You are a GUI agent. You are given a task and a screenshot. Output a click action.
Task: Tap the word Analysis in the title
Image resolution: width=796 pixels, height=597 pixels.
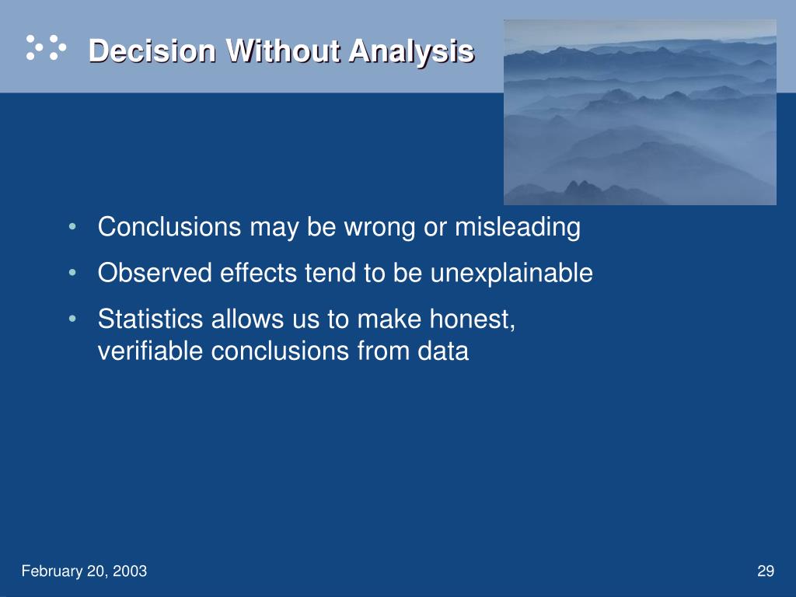(412, 52)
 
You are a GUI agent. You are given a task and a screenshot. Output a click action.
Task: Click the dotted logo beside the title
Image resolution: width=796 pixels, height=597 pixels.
(46, 47)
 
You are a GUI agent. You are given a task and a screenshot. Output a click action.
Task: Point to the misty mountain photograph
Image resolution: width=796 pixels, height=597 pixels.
(640, 112)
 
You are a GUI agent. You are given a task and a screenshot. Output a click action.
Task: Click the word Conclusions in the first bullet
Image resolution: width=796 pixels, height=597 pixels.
(169, 226)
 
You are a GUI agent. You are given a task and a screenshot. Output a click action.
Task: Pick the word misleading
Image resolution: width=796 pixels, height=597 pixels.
(518, 228)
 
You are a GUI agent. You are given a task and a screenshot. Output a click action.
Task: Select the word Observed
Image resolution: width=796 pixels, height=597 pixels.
(155, 273)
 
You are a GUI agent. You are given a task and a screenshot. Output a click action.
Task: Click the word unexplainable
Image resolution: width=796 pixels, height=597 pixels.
(511, 274)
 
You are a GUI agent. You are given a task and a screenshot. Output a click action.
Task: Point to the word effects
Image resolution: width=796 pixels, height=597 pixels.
(258, 273)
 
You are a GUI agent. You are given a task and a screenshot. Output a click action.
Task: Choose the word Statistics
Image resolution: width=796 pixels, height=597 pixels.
(151, 319)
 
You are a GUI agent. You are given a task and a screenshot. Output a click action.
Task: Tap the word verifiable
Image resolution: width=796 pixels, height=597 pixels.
(150, 351)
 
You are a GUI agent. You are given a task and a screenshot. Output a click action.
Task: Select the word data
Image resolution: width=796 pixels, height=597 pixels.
(442, 351)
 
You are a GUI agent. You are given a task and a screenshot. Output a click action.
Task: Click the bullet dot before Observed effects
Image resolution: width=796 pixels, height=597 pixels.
(72, 273)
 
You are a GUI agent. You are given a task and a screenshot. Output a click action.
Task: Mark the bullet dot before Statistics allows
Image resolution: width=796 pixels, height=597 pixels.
(72, 319)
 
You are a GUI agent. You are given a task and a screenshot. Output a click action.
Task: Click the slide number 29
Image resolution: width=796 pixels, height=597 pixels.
(766, 571)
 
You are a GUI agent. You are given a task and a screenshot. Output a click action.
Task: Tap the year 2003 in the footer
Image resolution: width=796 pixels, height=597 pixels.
(130, 571)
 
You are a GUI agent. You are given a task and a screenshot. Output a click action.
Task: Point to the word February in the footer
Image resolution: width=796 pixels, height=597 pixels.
(52, 571)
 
